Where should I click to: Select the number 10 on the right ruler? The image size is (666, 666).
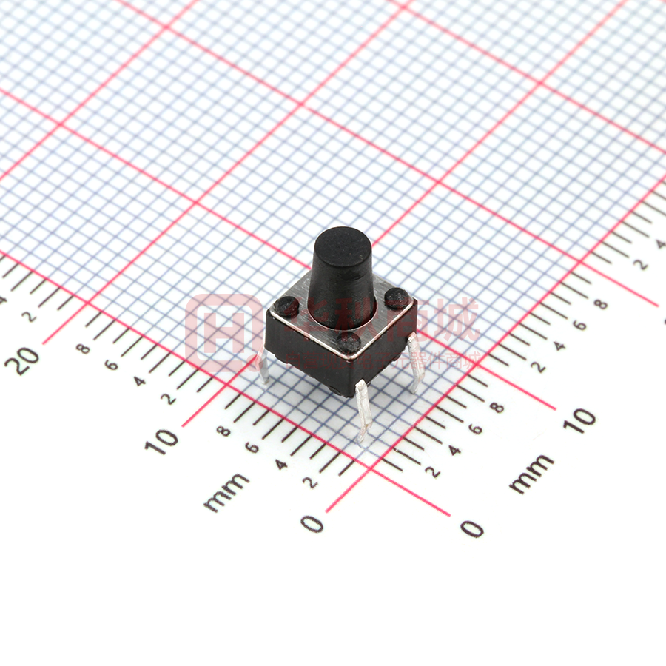[582, 420]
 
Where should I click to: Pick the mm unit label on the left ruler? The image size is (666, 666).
[226, 492]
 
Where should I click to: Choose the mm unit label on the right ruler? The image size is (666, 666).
[531, 474]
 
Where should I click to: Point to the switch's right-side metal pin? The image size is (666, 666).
[416, 359]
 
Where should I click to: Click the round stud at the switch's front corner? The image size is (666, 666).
[348, 341]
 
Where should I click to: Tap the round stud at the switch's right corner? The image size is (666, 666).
[397, 298]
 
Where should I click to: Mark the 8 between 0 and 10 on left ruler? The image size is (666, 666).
[224, 430]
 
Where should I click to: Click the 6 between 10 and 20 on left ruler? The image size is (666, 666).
[112, 364]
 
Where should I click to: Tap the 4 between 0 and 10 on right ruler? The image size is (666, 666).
[455, 450]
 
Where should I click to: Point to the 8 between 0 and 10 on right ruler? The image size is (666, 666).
[497, 408]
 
